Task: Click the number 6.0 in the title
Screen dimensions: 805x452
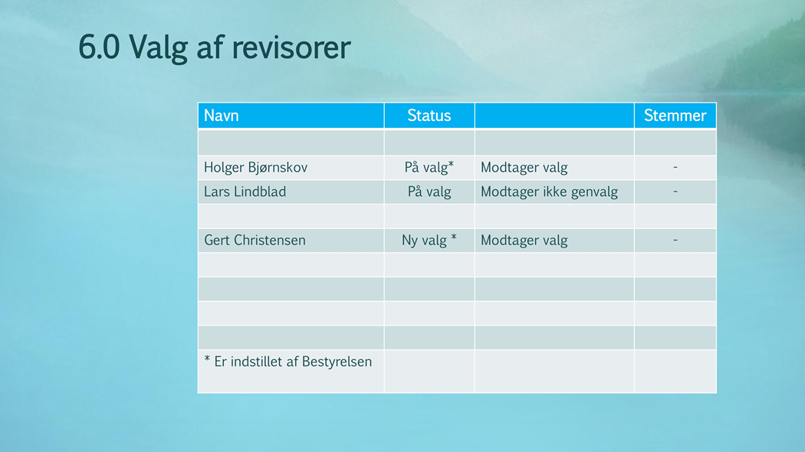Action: [99, 47]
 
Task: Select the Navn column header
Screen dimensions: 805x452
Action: [222, 116]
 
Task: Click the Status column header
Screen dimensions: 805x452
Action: [429, 116]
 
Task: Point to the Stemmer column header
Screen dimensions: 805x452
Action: [675, 116]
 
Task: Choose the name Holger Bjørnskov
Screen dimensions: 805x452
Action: [255, 168]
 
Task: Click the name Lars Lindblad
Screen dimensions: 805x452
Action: [245, 192]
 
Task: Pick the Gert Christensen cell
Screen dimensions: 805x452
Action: [255, 240]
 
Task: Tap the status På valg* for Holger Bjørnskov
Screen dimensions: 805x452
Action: [429, 167]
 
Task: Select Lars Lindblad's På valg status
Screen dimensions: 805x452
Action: [429, 192]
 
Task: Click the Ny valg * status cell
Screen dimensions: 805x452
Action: [429, 240]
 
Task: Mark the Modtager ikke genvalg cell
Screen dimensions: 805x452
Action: [550, 192]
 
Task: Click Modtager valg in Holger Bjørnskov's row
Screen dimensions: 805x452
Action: [524, 168]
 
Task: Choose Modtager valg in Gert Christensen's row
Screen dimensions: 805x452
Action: [524, 240]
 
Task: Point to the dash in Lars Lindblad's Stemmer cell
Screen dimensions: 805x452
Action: [675, 192]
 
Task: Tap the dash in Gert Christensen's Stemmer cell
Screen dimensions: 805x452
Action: [675, 240]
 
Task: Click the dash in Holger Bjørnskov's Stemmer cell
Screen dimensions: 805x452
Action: [675, 167]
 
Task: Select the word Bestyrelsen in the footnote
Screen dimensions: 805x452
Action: [337, 362]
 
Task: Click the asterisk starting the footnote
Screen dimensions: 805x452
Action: [207, 359]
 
